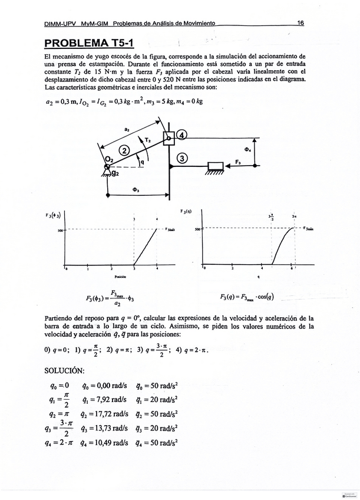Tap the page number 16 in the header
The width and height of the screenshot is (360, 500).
click(x=300, y=23)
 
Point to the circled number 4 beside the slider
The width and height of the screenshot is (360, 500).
click(x=181, y=135)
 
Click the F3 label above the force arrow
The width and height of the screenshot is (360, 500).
click(x=238, y=161)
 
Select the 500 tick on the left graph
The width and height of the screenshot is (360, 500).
click(x=60, y=230)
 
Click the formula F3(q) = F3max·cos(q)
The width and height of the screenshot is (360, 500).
click(x=247, y=296)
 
